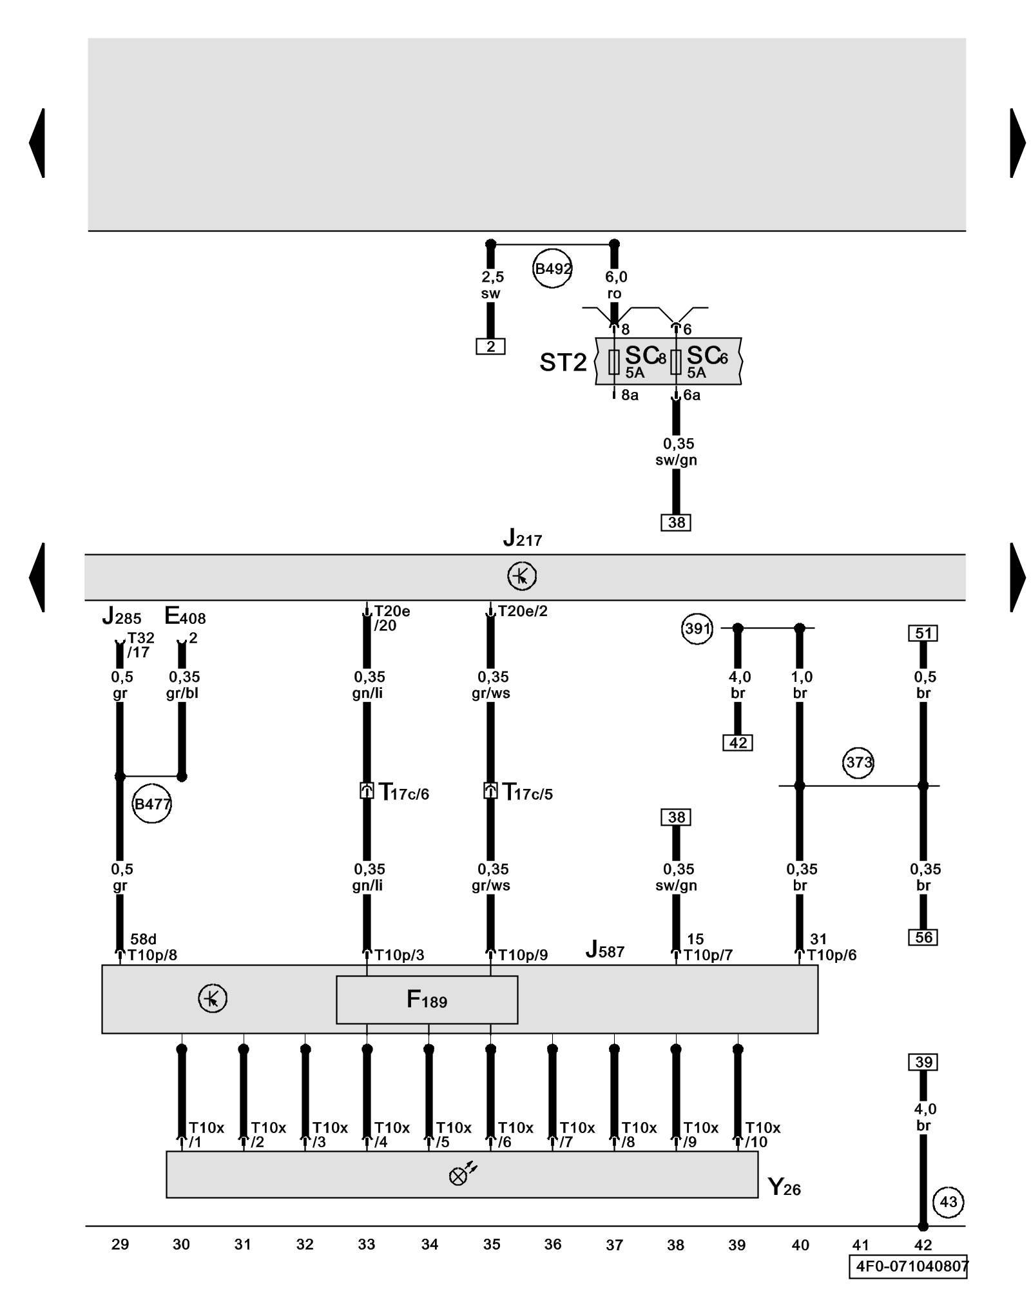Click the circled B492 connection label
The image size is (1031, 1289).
[x=552, y=268]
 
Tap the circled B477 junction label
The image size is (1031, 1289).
[x=152, y=804]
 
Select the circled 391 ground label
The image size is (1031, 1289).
[x=697, y=628]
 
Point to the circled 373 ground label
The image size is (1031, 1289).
[x=858, y=762]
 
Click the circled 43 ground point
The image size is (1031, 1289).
[x=948, y=1201]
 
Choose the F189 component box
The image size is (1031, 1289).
[x=427, y=1000]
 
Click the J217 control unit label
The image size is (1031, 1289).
[x=522, y=538]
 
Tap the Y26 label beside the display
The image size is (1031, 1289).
[x=784, y=1187]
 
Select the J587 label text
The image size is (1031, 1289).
[x=604, y=949]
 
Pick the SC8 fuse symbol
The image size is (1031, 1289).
[x=613, y=362]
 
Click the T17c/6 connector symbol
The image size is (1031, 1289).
[x=367, y=791]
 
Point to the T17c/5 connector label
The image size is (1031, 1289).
[x=528, y=792]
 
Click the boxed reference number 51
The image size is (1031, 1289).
[x=923, y=634]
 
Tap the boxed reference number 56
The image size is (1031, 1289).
[x=923, y=937]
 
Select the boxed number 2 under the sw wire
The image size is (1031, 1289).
[x=490, y=347]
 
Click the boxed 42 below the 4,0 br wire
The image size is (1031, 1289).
[x=738, y=742]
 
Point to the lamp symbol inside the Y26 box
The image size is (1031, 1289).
[x=459, y=1176]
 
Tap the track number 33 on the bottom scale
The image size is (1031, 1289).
[x=367, y=1245]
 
